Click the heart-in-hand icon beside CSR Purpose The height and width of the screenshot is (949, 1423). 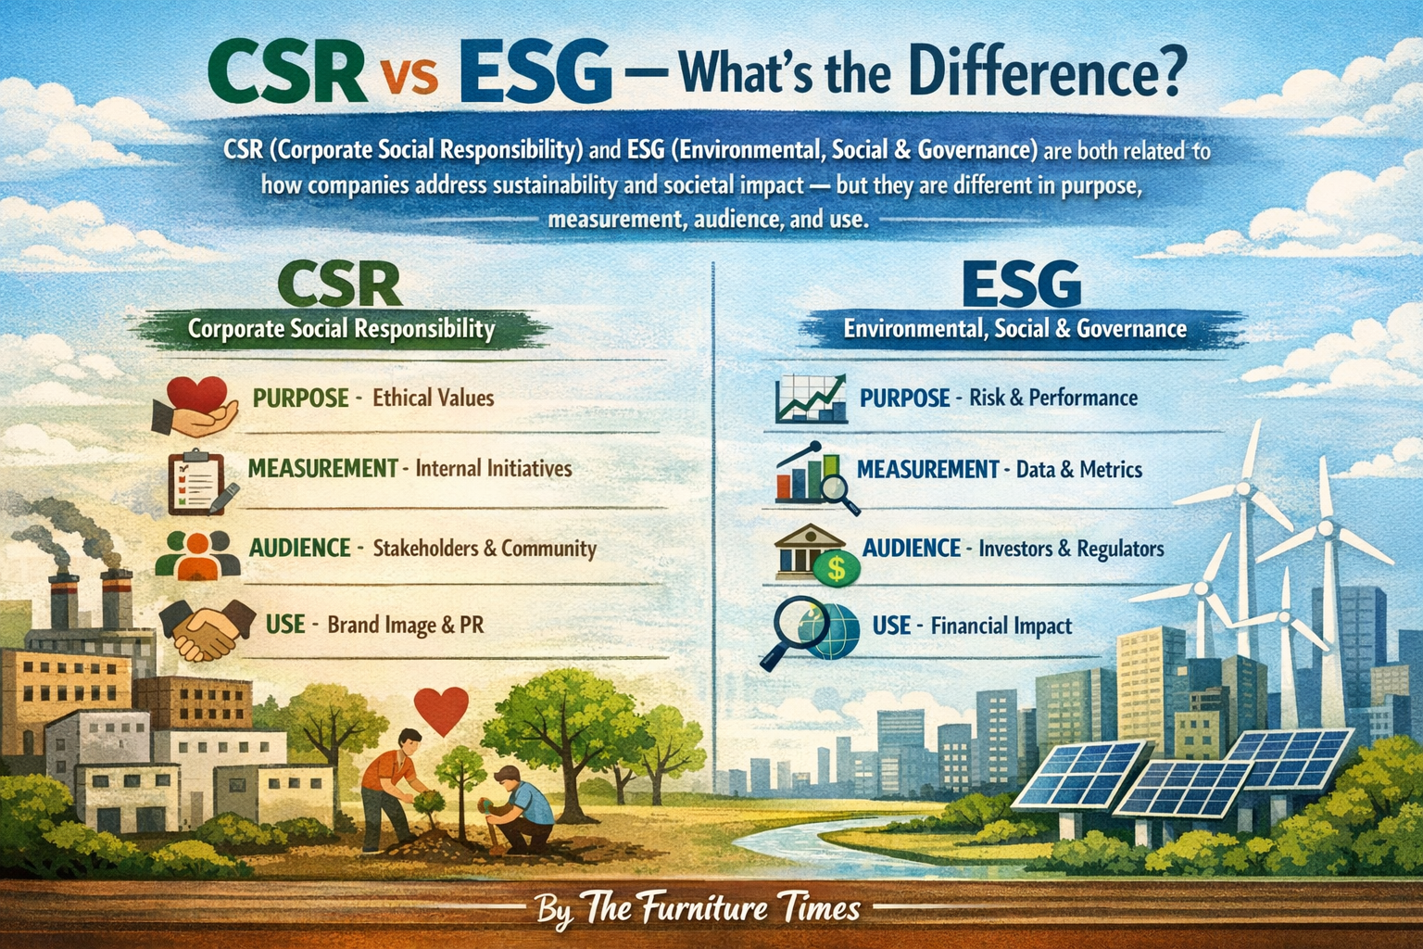tap(194, 404)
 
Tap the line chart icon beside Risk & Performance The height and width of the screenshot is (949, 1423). tap(811, 399)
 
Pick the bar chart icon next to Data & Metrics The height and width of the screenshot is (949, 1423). tap(814, 476)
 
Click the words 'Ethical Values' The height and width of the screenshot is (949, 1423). tap(434, 399)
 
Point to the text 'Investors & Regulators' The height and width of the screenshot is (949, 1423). tap(1071, 549)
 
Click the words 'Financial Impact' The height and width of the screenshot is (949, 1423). tap(1001, 626)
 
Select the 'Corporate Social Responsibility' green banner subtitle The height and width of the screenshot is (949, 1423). tap(341, 329)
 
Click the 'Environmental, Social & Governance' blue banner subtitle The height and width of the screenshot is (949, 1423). tap(1014, 329)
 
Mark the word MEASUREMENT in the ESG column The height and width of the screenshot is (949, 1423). tap(927, 470)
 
